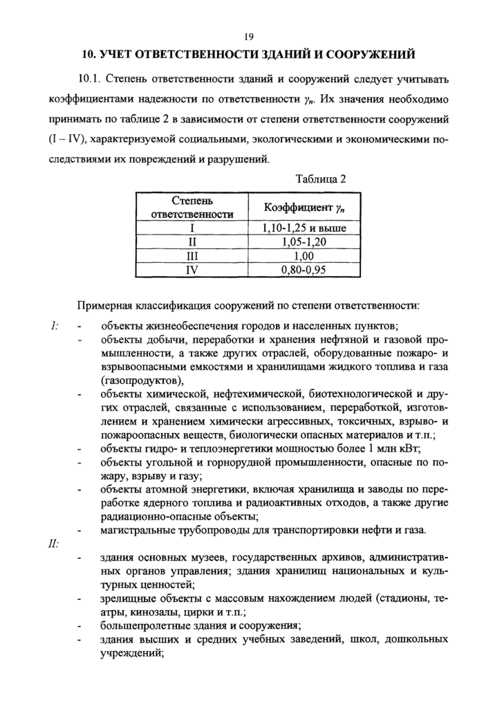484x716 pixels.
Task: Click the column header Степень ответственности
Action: point(192,207)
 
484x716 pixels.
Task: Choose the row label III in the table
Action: point(192,256)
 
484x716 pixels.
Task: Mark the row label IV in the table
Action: point(192,270)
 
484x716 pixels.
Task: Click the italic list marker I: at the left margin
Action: point(54,325)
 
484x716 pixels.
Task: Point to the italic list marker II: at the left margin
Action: point(55,544)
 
